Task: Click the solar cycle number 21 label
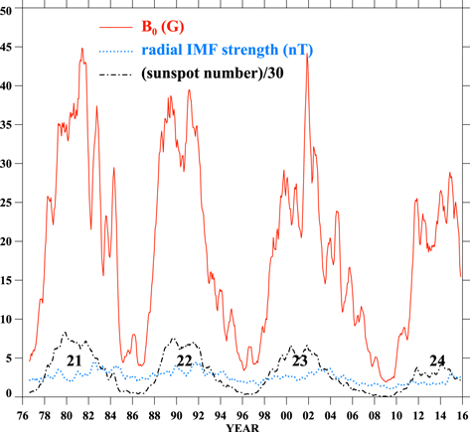pyautogui.click(x=73, y=360)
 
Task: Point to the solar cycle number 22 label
pyautogui.click(x=184, y=360)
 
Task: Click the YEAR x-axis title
pyautogui.click(x=241, y=425)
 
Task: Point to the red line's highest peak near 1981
pyautogui.click(x=82, y=49)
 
